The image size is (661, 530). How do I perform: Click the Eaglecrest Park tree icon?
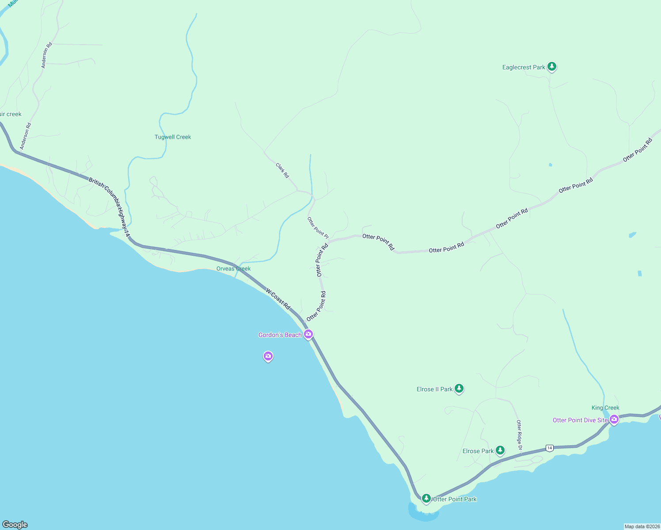(551, 67)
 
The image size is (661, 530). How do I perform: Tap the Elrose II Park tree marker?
(459, 389)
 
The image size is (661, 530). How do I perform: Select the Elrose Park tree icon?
(500, 450)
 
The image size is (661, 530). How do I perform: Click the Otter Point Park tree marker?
(426, 499)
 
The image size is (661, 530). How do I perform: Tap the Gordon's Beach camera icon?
(308, 334)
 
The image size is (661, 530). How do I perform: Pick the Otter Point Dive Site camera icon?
(614, 420)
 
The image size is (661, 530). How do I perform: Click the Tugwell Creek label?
(173, 137)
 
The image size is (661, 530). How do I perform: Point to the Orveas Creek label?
(233, 269)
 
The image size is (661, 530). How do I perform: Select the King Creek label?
(605, 408)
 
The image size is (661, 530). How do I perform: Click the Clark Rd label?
(282, 170)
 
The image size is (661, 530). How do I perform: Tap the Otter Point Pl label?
(318, 227)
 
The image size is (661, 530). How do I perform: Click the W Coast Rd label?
(278, 299)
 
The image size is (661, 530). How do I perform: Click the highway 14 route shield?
(549, 448)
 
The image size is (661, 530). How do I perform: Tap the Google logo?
(15, 525)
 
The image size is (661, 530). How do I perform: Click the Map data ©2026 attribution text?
(642, 526)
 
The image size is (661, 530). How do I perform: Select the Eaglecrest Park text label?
(524, 68)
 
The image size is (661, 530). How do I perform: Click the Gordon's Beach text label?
(280, 335)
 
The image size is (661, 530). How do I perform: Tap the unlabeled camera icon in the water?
(268, 356)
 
